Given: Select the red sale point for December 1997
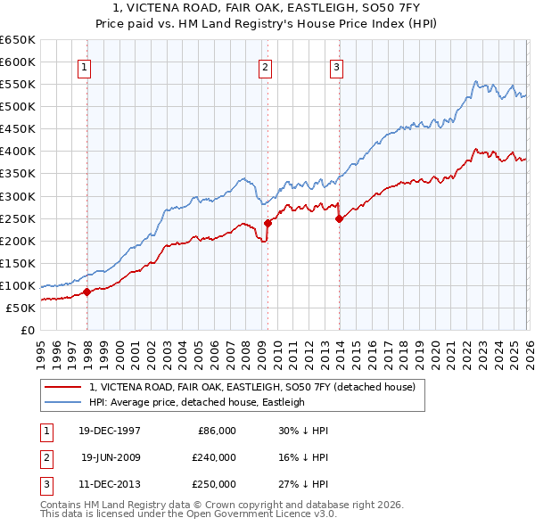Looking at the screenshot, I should tap(86, 292).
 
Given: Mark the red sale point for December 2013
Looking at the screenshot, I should tap(339, 218).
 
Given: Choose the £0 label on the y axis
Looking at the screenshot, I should tap(27, 331).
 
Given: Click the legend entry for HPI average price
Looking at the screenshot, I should tap(196, 402).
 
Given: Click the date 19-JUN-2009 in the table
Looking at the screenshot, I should tap(111, 457).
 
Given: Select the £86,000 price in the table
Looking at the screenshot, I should tap(215, 430).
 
